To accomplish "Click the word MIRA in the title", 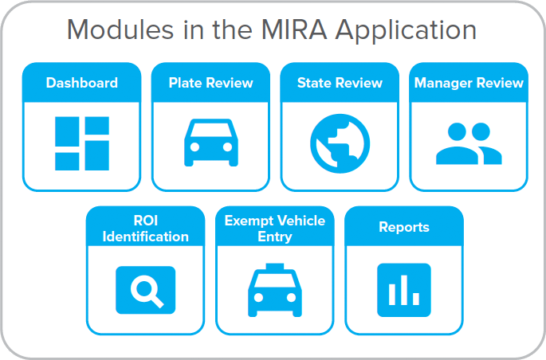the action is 294,30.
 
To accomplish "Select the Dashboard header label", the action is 82,83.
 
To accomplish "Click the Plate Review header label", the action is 210,83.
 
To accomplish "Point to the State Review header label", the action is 340,83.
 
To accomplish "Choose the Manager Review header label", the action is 469,83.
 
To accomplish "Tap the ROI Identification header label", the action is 146,229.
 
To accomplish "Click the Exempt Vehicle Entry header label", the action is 275,229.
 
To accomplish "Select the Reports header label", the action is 404,227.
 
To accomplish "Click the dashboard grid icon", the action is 82,143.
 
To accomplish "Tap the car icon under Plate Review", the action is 211,143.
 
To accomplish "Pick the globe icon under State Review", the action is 340,143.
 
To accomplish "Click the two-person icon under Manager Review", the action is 469,143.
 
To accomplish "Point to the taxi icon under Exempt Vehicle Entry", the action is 275,290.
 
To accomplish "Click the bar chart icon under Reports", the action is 404,290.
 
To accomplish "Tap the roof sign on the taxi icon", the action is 275,267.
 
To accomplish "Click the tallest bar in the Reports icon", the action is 404,290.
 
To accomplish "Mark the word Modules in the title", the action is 120,30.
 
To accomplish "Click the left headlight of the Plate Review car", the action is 194,147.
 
